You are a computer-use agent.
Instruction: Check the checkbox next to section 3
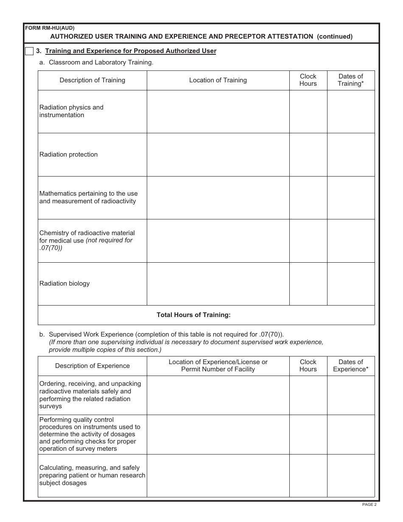(x=29, y=51)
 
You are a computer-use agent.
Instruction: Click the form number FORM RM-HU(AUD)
(x=50, y=28)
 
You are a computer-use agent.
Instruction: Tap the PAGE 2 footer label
(x=369, y=505)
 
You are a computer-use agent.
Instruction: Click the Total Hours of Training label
(x=193, y=315)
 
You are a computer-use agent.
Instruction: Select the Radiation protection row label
(x=68, y=154)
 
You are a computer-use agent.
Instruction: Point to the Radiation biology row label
(x=64, y=283)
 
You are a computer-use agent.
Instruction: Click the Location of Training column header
(x=218, y=80)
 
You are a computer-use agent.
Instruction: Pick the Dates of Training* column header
(x=350, y=80)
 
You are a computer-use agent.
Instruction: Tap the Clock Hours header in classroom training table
(x=308, y=80)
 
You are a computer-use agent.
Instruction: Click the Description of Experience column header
(x=92, y=366)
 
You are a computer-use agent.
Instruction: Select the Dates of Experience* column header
(x=350, y=366)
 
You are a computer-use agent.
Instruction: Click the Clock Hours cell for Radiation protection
(x=308, y=155)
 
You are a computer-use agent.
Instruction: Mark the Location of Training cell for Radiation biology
(x=218, y=284)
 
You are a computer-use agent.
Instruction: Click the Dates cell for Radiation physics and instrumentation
(x=350, y=112)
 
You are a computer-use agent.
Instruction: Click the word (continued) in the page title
(x=335, y=36)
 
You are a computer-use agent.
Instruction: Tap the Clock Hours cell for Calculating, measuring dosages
(x=308, y=476)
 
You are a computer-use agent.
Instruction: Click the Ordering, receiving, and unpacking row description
(x=90, y=395)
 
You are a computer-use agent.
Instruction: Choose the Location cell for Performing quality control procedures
(x=218, y=435)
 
